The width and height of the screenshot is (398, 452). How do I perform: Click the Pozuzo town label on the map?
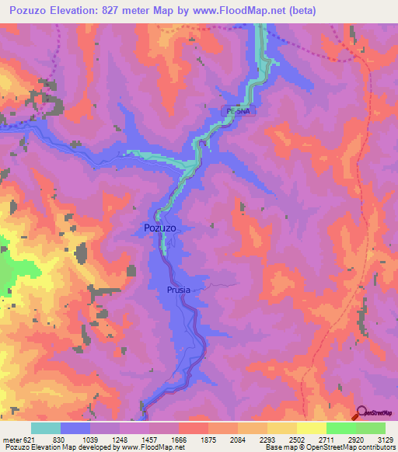(159, 228)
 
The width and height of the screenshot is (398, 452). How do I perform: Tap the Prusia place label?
(178, 290)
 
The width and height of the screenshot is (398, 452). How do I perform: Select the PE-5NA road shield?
(238, 111)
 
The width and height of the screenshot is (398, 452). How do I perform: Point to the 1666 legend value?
(180, 440)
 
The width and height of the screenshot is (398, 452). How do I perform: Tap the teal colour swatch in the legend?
(46, 428)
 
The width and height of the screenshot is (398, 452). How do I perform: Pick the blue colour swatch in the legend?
(75, 428)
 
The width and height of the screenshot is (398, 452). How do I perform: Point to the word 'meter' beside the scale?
(12, 440)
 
